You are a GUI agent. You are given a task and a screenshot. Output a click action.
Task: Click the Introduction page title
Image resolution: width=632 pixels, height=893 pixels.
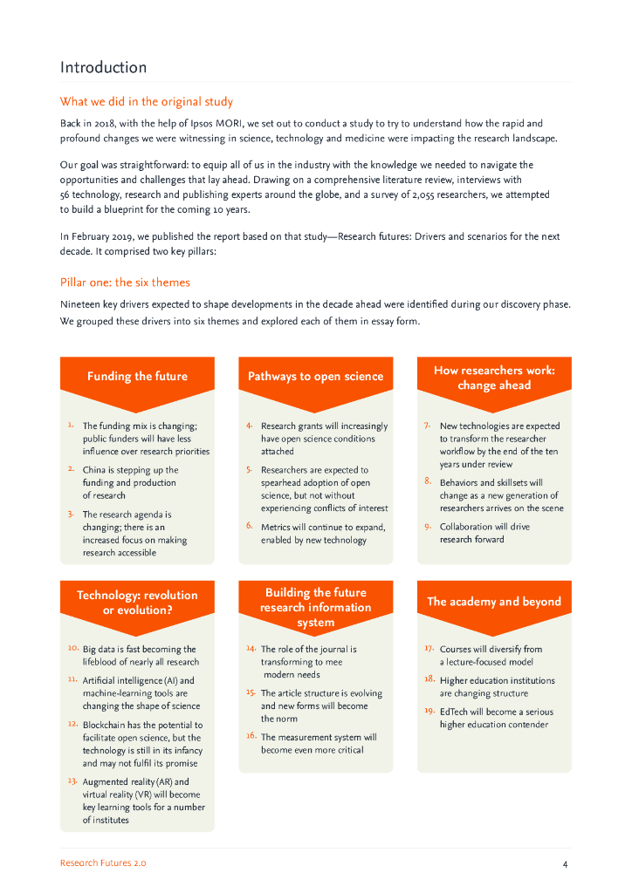tap(103, 67)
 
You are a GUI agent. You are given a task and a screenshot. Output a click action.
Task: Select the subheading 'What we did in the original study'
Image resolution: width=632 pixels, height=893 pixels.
tap(146, 102)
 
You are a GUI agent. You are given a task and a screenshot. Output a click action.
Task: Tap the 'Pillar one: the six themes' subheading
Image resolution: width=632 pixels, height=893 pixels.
tap(125, 282)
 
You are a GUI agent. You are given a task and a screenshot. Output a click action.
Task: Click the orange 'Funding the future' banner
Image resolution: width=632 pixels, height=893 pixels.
tap(137, 376)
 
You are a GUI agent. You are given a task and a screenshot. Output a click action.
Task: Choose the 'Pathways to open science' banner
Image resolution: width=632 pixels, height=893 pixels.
tap(315, 376)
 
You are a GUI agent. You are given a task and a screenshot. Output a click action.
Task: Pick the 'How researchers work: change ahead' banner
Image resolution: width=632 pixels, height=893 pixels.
tap(494, 378)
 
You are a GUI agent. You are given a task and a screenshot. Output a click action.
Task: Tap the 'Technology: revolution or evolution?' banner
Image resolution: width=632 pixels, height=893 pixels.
tap(137, 603)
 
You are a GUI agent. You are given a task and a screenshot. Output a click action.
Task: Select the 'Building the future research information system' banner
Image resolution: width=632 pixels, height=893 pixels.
tap(315, 607)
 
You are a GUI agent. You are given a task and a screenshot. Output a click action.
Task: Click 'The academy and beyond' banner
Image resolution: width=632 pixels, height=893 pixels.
tap(494, 601)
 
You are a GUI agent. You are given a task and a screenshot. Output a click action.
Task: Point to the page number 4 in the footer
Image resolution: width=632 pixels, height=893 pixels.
tap(566, 863)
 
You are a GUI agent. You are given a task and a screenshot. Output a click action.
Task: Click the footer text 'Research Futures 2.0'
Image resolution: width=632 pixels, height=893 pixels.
tap(103, 862)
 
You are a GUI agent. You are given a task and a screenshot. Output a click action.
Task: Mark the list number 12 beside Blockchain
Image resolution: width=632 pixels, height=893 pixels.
tap(72, 724)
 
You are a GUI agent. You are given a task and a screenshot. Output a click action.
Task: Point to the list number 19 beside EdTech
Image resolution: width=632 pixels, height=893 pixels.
tap(429, 711)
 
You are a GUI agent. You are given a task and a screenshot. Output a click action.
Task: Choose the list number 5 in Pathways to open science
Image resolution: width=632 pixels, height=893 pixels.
tap(249, 469)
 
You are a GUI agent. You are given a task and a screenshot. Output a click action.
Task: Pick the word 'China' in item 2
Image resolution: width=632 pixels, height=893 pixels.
tap(95, 470)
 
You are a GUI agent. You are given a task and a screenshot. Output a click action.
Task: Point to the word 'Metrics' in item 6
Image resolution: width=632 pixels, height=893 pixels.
tap(277, 527)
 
